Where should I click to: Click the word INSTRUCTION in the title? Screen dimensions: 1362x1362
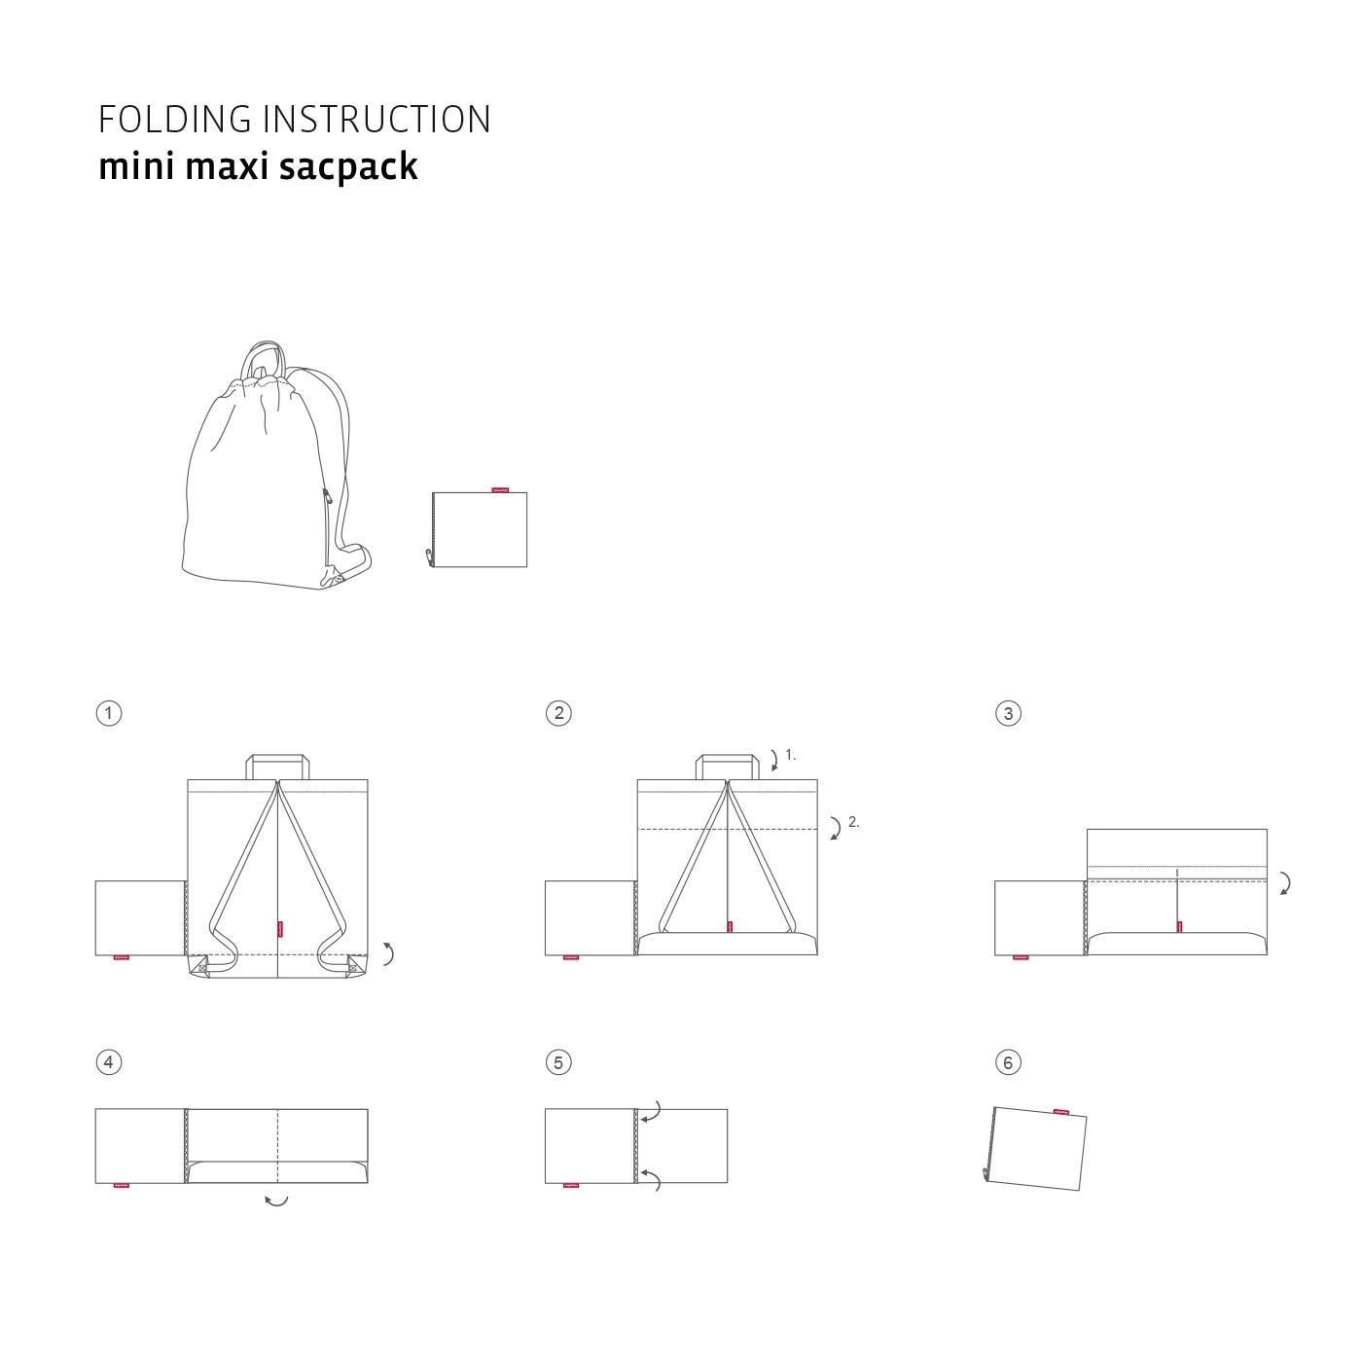click(x=377, y=120)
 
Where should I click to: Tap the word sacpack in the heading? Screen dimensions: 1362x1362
click(x=347, y=166)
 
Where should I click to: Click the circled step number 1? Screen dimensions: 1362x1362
click(x=109, y=713)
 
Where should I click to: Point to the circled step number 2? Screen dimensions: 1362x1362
click(x=558, y=713)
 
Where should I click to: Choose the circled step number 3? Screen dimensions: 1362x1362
click(x=1008, y=713)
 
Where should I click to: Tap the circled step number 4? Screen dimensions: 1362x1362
click(x=109, y=1062)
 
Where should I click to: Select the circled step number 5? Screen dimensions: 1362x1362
click(x=558, y=1062)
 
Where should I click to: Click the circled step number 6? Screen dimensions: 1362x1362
click(x=1008, y=1062)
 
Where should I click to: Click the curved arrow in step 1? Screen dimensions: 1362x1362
click(x=388, y=953)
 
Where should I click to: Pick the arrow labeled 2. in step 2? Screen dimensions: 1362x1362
click(x=835, y=828)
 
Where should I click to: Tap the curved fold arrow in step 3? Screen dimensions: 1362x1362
click(x=1285, y=883)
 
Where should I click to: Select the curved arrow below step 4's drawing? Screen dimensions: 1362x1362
click(x=276, y=1201)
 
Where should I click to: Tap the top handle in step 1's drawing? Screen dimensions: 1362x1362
click(x=277, y=758)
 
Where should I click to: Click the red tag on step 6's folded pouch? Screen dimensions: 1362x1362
click(x=1060, y=1111)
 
